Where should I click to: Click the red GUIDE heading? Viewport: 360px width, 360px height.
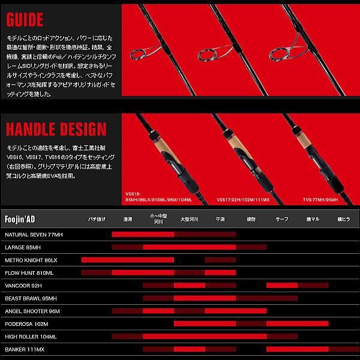click(25, 20)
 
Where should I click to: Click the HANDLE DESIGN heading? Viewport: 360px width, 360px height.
click(56, 129)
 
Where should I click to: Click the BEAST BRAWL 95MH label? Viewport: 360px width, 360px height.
click(30, 298)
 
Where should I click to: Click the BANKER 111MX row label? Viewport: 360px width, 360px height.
click(23, 349)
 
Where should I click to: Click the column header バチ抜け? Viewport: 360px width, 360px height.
click(97, 220)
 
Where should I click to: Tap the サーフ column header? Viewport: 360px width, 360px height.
click(281, 220)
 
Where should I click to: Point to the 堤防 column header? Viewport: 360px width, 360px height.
click(251, 220)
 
